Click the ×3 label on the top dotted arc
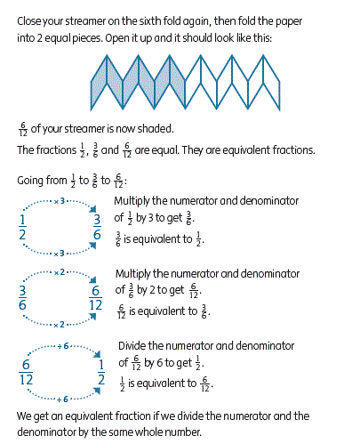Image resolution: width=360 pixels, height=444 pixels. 60,201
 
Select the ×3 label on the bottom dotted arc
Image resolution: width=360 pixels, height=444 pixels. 60,254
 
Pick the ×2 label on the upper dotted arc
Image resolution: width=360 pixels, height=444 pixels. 60,272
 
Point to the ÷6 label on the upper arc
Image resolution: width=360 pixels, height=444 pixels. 63,346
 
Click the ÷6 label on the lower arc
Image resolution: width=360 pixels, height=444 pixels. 63,400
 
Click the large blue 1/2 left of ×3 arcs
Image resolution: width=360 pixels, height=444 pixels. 22,227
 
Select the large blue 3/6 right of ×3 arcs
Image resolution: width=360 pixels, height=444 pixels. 97,227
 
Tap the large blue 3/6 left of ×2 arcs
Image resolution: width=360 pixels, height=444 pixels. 22,297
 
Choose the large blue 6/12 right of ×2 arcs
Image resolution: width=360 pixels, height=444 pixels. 95,297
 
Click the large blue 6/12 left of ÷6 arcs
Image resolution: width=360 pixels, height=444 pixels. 26,372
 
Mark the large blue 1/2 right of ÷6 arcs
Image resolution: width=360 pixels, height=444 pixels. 101,372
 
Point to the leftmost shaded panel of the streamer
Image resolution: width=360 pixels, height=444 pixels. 99,82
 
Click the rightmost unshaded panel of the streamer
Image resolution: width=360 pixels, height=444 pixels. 271,82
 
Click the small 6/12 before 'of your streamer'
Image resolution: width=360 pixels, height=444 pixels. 23,130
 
